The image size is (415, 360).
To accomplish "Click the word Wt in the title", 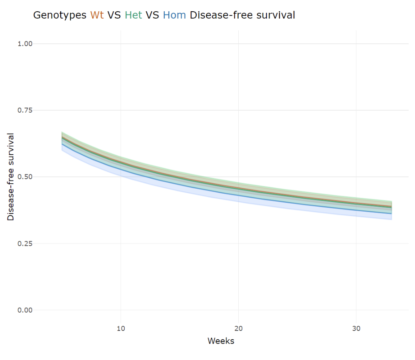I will (97, 15).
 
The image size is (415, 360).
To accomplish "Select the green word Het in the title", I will (133, 15).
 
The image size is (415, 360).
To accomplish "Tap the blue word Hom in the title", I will (174, 15).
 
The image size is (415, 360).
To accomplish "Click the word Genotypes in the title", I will (59, 15).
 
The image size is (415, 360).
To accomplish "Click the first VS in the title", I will (114, 15).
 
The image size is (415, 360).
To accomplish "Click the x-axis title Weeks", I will (221, 341).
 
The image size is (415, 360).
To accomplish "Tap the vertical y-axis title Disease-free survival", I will (11, 177).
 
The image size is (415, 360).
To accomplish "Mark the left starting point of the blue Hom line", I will (62, 144).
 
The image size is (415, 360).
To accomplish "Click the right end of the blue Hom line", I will (391, 214).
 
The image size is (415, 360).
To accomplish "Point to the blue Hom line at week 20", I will (238, 195).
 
